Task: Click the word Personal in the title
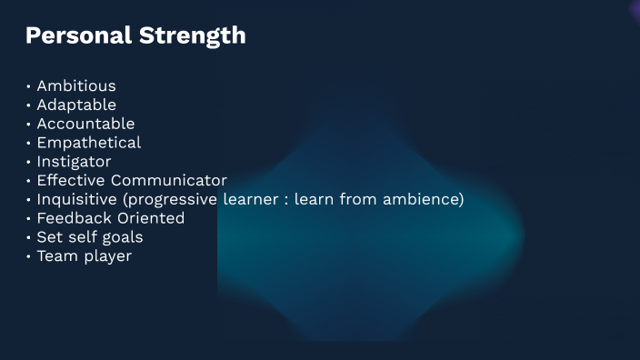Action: [77, 35]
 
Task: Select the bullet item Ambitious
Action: [76, 86]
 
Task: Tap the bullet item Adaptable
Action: [76, 105]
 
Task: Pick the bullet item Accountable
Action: [85, 124]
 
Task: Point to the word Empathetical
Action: [89, 143]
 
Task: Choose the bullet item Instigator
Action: [74, 162]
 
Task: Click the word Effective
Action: [71, 181]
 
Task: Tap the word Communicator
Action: [169, 181]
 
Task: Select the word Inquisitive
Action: [76, 199]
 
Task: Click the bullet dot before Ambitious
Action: [29, 87]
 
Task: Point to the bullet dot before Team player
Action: [29, 257]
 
